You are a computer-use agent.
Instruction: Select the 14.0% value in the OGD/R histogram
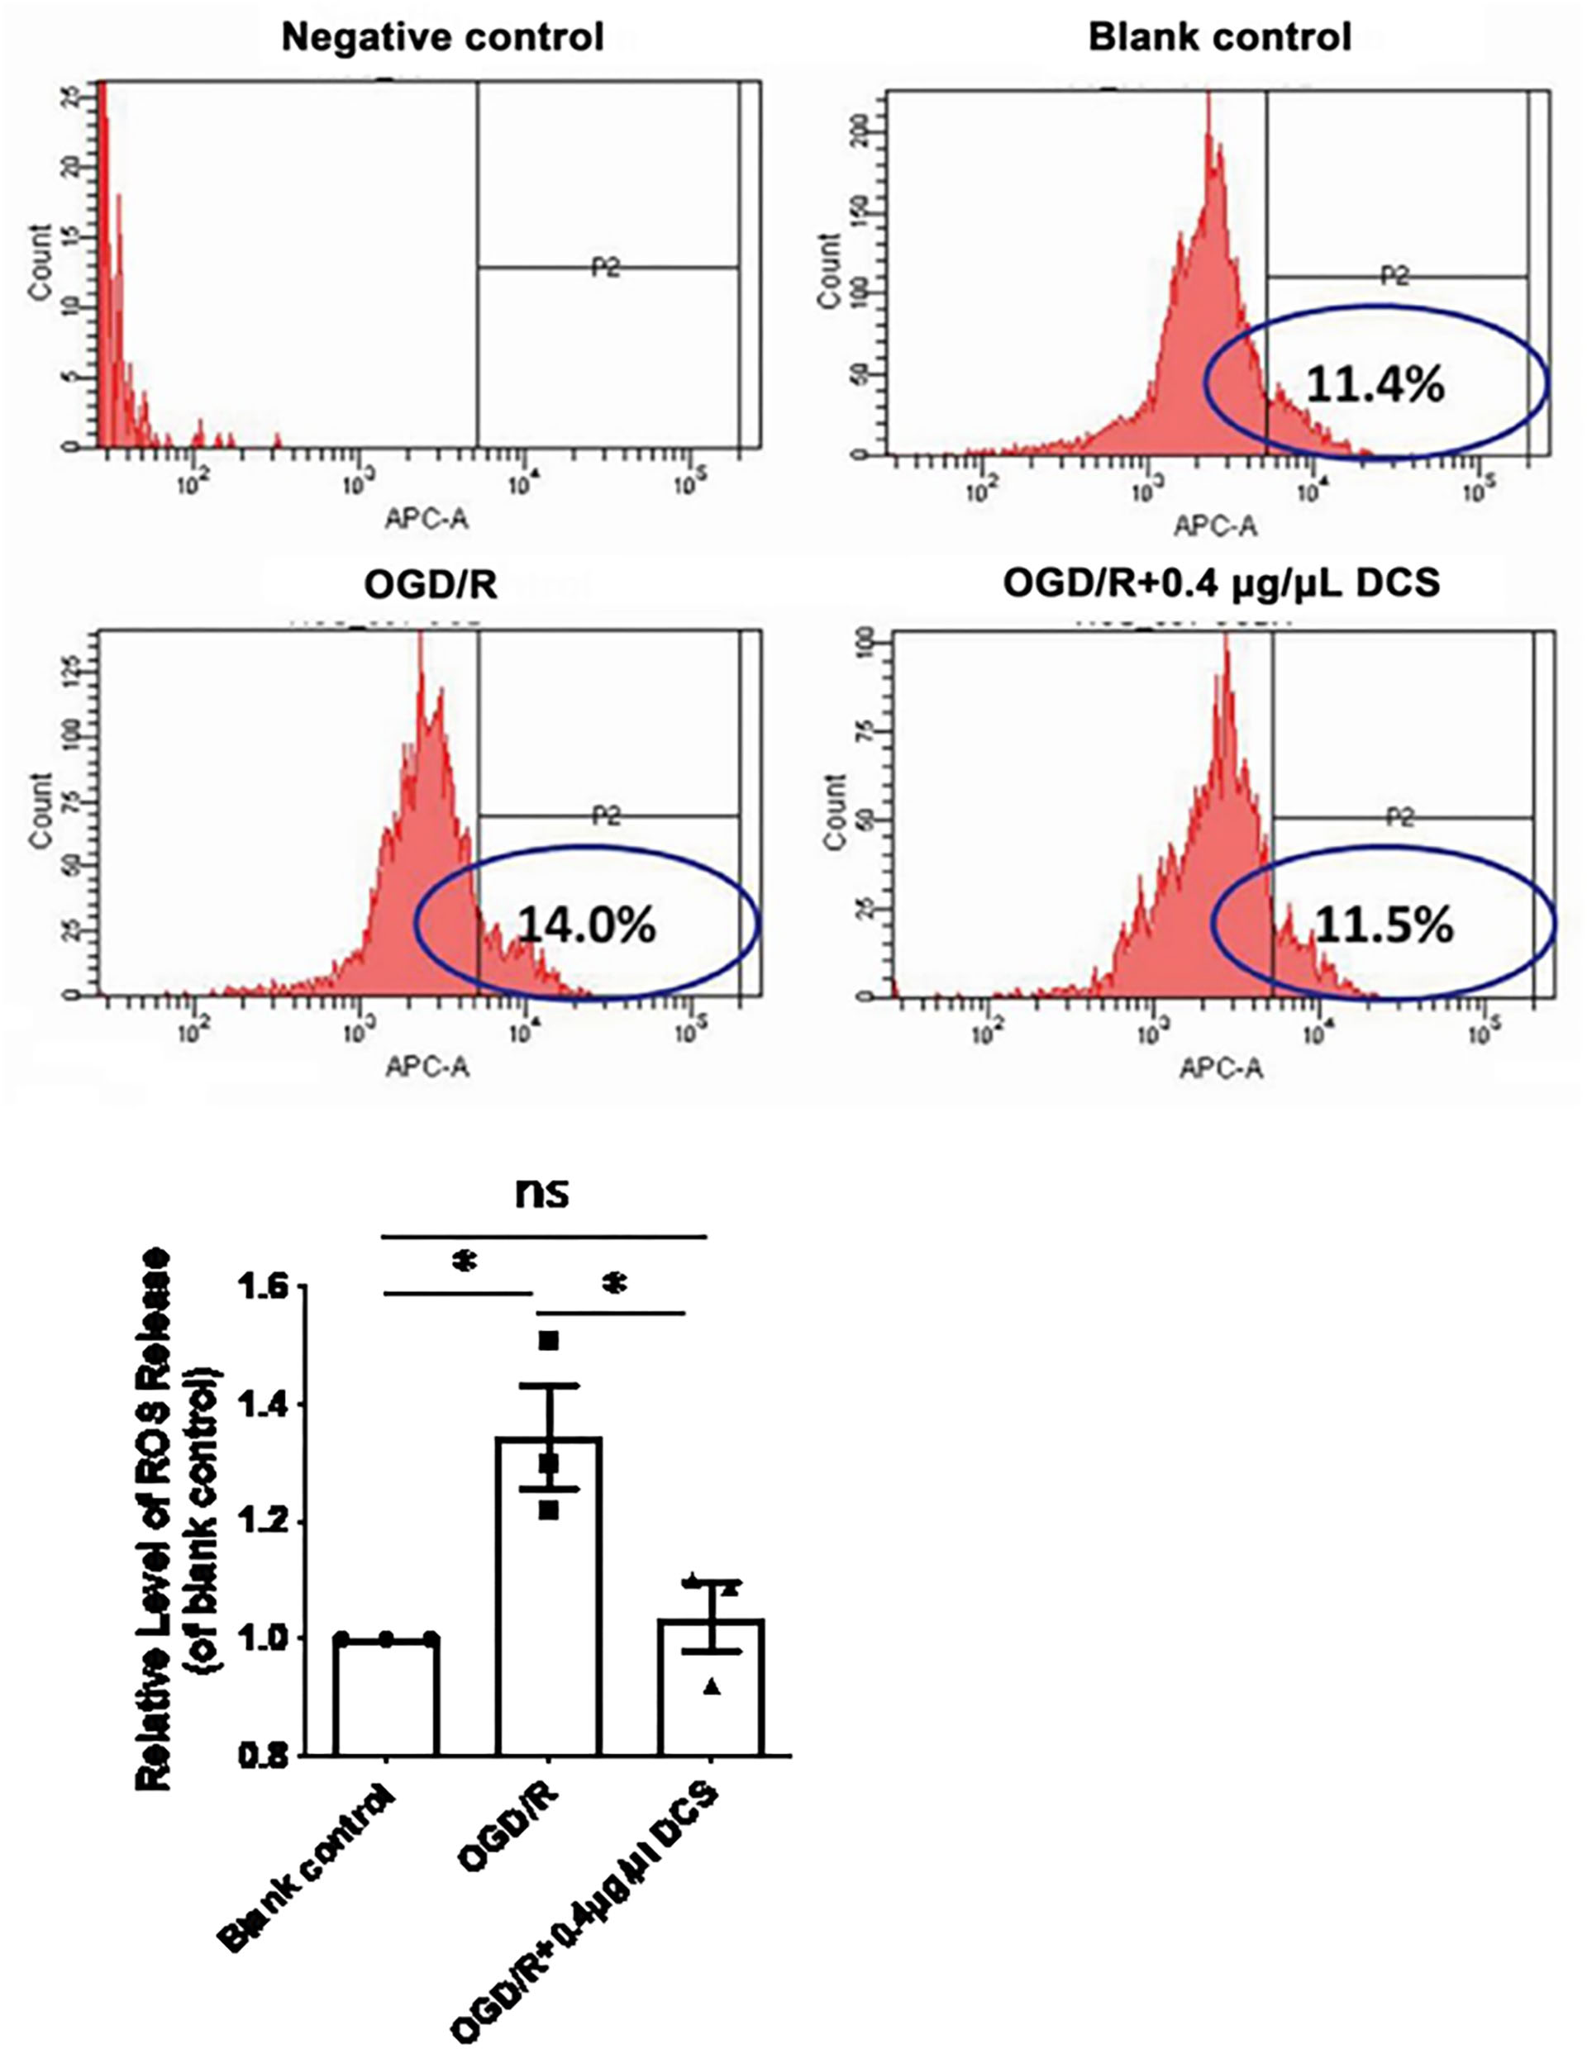click(587, 926)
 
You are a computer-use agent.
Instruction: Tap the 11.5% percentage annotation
click(1384, 926)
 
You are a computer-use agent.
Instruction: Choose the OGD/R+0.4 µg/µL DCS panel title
click(1221, 584)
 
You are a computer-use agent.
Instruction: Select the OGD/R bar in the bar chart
click(548, 1595)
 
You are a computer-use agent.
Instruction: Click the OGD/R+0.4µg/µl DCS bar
click(711, 1689)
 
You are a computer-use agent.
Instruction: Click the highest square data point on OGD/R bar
click(549, 1342)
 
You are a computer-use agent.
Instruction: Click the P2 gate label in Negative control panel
click(606, 269)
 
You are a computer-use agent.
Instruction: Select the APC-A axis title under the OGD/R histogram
click(427, 1067)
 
